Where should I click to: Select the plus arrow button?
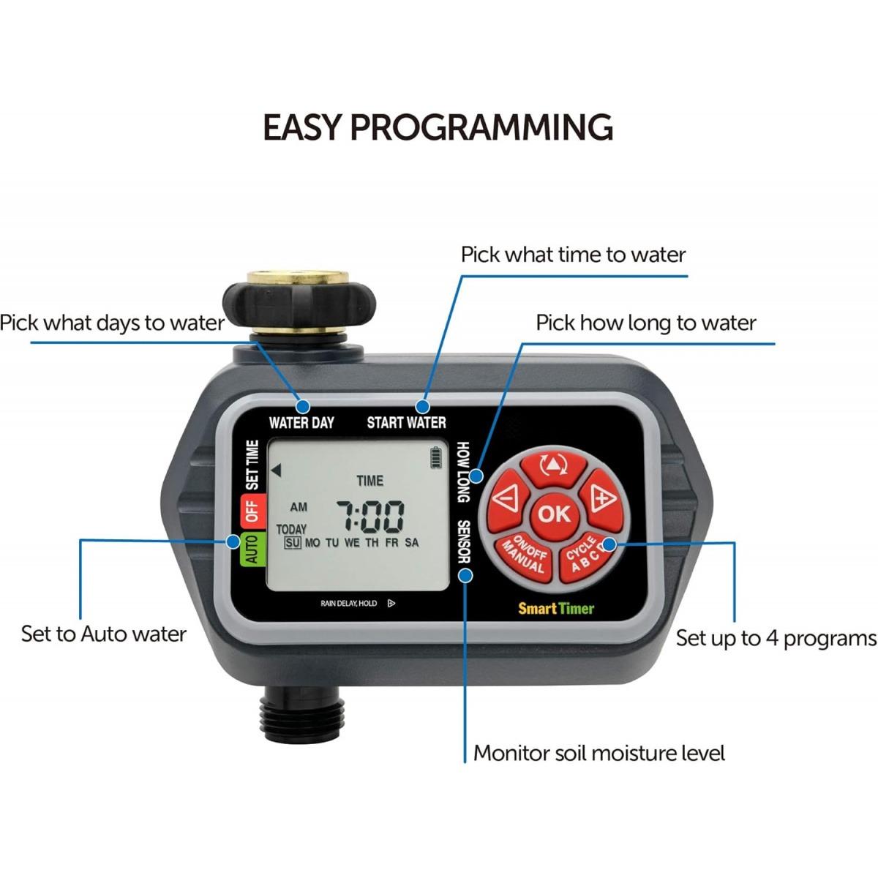coord(602,500)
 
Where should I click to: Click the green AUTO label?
coord(251,549)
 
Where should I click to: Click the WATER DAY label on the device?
coord(301,422)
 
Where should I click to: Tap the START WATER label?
coord(406,422)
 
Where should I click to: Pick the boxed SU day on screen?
coord(293,543)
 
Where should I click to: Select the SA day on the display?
coord(412,543)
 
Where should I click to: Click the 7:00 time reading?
coord(369,516)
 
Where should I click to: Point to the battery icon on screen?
coord(438,458)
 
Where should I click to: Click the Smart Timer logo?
coord(556,608)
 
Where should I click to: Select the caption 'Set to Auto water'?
coord(103,634)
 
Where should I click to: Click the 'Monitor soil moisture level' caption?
coord(599,753)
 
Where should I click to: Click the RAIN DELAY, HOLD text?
coord(348,604)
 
